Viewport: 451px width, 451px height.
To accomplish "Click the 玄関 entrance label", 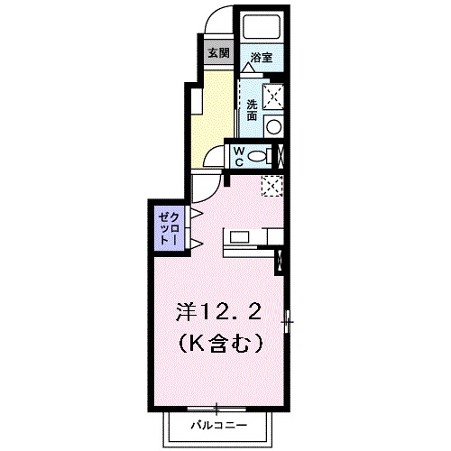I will pos(217,51).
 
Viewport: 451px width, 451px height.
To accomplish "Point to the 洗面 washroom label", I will pos(252,109).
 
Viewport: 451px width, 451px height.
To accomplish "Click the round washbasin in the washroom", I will pos(272,126).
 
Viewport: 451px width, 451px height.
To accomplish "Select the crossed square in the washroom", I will pos(272,94).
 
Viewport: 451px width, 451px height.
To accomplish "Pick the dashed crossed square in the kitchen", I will pos(271,185).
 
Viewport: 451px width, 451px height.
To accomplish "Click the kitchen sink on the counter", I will pos(238,237).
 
